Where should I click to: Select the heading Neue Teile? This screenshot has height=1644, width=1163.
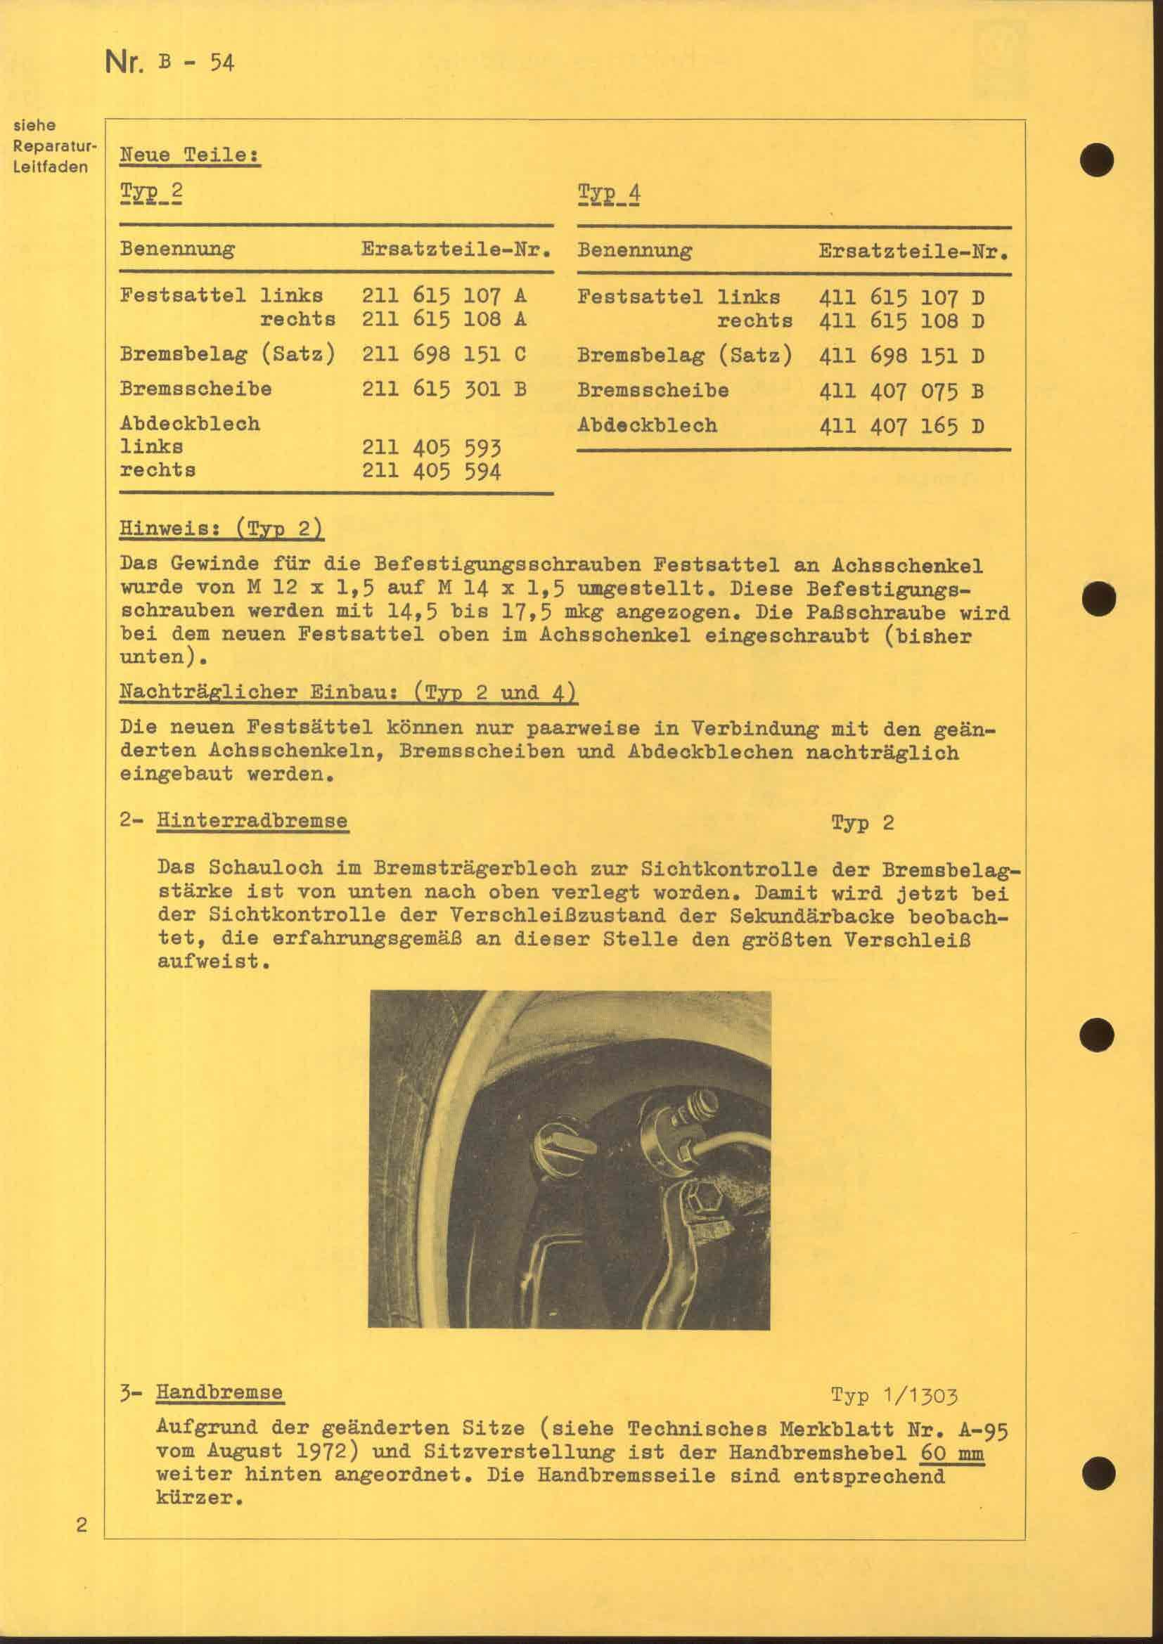[x=190, y=155]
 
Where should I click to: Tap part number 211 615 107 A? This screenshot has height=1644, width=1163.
[x=444, y=295]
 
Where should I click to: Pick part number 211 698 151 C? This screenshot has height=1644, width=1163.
[x=444, y=354]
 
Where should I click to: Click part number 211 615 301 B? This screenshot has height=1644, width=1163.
[x=444, y=389]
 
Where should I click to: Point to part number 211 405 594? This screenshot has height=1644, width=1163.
[x=431, y=472]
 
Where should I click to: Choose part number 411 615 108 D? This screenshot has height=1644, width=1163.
[x=901, y=320]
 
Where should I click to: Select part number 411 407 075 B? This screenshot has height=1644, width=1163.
[x=901, y=391]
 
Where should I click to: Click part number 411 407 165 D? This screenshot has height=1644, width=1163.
[x=901, y=427]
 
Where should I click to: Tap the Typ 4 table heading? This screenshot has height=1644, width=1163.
[x=609, y=194]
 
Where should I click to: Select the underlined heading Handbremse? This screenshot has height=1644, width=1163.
[x=219, y=1392]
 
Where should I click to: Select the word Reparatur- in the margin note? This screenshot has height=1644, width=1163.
[x=54, y=147]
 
